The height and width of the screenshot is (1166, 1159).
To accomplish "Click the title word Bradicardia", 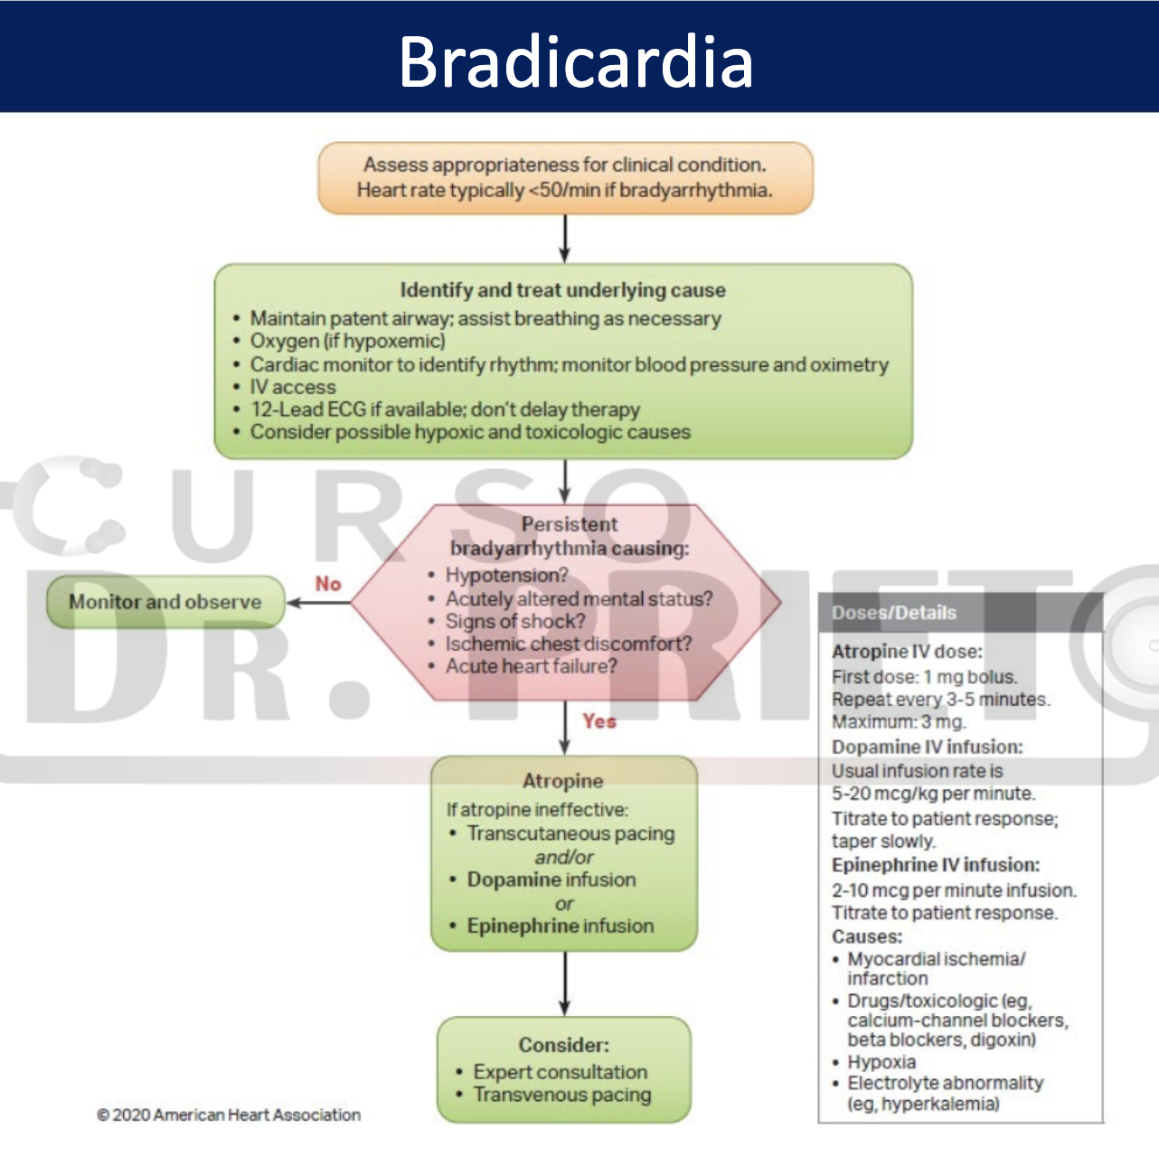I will [576, 61].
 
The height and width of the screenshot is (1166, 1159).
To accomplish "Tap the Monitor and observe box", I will [165, 602].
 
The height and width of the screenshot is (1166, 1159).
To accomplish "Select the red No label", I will [328, 584].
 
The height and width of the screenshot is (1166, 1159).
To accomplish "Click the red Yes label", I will [599, 721].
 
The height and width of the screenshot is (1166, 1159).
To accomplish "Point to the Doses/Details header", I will [894, 613].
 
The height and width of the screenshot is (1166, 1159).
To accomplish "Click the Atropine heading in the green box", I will [562, 781].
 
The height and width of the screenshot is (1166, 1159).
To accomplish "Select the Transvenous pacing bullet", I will [561, 1095].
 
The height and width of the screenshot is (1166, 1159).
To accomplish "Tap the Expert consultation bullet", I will [560, 1072].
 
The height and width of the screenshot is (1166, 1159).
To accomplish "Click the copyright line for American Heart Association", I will [229, 1115].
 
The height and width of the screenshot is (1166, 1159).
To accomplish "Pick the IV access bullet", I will [293, 387].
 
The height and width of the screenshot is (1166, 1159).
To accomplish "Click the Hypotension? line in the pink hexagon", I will [506, 575].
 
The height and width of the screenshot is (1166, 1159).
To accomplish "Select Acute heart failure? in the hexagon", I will [531, 666].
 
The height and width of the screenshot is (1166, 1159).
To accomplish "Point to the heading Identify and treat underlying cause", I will [562, 290].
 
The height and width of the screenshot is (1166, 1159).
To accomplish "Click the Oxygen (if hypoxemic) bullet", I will [347, 341].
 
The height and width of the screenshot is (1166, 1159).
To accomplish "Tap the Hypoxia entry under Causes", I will [881, 1062].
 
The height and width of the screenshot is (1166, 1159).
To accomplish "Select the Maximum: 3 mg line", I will [899, 721].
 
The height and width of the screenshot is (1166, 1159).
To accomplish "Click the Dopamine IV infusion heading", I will [927, 747].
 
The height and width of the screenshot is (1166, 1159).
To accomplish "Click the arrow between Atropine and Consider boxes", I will [565, 983].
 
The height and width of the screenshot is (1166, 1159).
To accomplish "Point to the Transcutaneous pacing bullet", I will [570, 833].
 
